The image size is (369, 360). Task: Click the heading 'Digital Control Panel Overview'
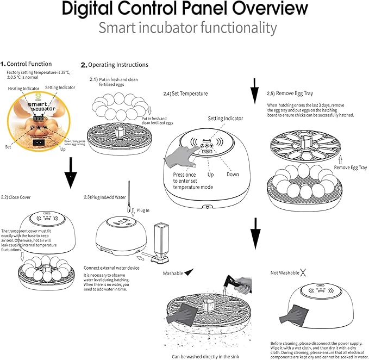[x=184, y=9]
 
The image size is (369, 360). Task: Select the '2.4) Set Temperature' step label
[x=185, y=94]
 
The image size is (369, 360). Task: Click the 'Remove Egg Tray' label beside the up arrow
[x=349, y=167]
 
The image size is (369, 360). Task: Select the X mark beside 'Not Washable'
[x=303, y=272]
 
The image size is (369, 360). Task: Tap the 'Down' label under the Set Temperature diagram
[x=233, y=175]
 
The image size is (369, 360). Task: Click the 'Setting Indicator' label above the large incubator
[x=225, y=118]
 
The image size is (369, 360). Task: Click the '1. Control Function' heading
[x=27, y=64]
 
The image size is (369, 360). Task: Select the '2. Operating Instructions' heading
[x=115, y=65]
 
